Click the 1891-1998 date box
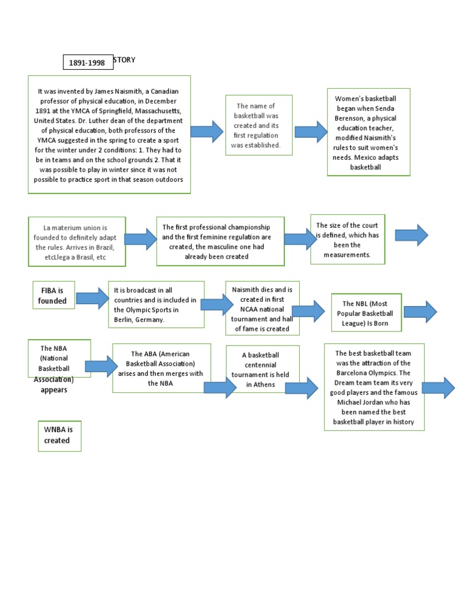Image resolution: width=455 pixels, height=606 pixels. click(x=88, y=62)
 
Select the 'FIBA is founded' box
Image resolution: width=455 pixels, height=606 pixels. click(x=53, y=295)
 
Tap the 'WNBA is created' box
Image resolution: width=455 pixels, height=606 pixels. click(x=59, y=435)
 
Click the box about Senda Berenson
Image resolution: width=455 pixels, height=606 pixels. click(x=369, y=132)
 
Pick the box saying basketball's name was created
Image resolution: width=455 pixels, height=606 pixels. click(x=258, y=125)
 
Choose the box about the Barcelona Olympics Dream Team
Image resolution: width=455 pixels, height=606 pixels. click(x=374, y=388)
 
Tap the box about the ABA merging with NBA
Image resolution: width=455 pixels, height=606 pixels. click(x=161, y=368)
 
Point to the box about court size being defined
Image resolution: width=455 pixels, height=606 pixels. click(x=347, y=240)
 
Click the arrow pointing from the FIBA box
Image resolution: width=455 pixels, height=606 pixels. click(x=92, y=297)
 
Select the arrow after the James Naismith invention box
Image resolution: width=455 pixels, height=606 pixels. click(x=207, y=131)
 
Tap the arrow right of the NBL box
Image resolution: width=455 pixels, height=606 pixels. click(x=420, y=311)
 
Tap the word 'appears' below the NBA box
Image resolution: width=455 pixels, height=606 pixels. click(x=54, y=390)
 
